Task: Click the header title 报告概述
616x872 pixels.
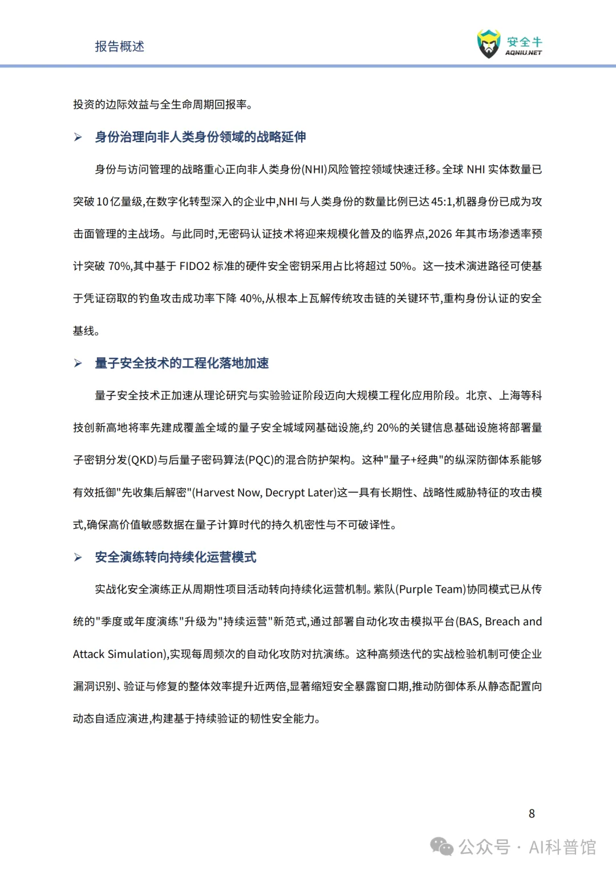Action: [119, 46]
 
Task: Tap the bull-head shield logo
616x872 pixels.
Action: [488, 44]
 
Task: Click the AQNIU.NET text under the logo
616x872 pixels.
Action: [524, 53]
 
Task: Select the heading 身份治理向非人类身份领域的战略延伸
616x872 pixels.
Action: [200, 137]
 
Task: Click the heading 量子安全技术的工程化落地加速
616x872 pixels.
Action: [181, 364]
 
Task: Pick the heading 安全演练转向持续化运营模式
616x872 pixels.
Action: [175, 558]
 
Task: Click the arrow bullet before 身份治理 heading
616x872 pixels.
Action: [78, 138]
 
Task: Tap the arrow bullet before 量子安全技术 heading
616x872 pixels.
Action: [78, 364]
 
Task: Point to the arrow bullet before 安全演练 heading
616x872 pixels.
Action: [78, 558]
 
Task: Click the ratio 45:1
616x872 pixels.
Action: [442, 201]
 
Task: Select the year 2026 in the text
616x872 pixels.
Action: [440, 234]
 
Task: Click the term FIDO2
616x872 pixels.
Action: [194, 267]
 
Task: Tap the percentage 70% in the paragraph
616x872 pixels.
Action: [120, 267]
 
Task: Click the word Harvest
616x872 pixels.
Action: [215, 493]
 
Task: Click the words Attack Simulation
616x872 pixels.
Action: [119, 655]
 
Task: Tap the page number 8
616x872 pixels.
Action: [532, 814]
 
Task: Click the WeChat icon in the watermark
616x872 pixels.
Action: [442, 847]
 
